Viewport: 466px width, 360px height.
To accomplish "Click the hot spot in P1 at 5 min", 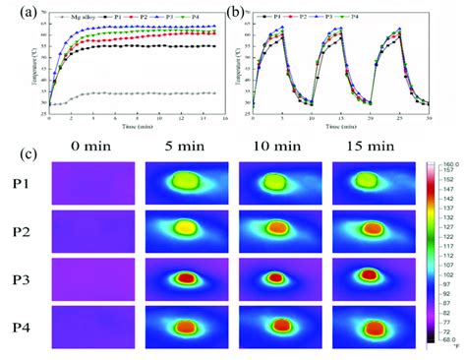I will pos(184,181).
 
